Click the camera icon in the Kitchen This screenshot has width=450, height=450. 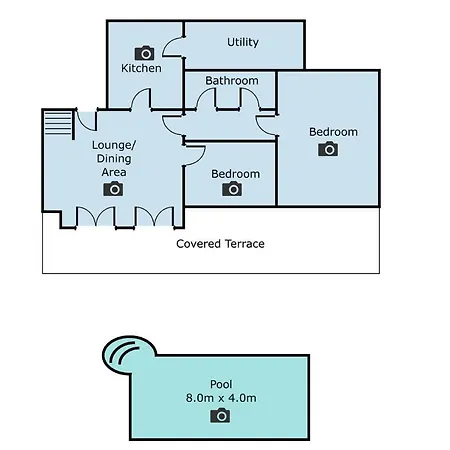(x=144, y=53)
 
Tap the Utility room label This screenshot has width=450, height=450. (x=243, y=42)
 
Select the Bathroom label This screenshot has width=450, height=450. (x=232, y=80)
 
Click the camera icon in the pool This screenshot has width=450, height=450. (x=220, y=416)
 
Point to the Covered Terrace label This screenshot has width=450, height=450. (x=220, y=244)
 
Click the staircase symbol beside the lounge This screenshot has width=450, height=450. (x=58, y=123)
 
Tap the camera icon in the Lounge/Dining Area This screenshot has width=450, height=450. (x=113, y=189)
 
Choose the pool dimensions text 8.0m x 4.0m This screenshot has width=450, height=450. (x=221, y=398)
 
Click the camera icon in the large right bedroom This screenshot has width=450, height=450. (x=328, y=149)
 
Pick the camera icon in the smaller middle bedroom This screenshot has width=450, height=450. (x=232, y=189)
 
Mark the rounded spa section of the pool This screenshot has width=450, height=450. (x=128, y=354)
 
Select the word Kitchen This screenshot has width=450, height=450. (x=141, y=68)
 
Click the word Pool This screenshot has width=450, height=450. (x=221, y=384)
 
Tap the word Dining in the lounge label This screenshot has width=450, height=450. (x=114, y=159)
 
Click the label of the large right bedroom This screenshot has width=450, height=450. (x=333, y=132)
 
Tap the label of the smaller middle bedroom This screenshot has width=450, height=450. (x=235, y=174)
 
